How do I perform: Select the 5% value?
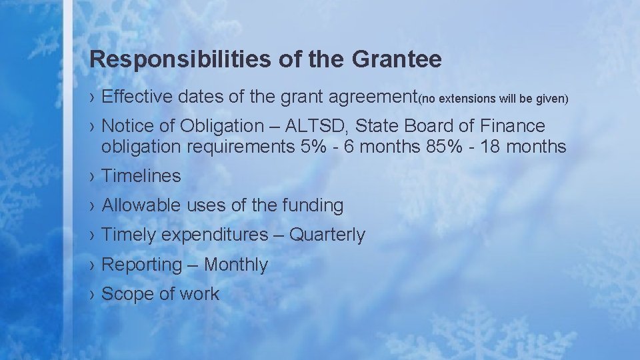pos(314,147)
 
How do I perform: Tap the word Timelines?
pos(141,176)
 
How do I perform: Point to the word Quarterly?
pos(327,235)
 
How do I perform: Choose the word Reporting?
pos(141,265)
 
